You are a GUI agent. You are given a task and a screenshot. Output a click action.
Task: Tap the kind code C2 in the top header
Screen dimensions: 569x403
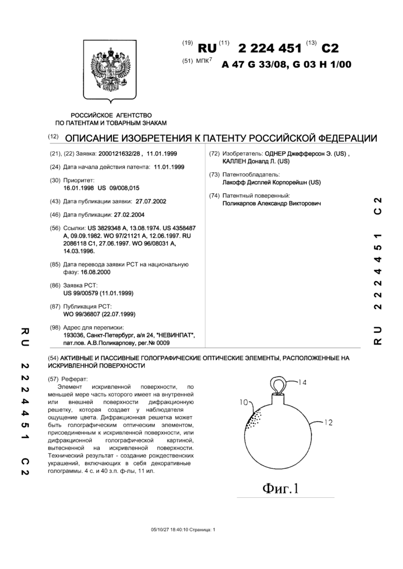(x=327, y=47)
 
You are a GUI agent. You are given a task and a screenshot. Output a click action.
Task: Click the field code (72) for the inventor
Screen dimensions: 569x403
(x=213, y=154)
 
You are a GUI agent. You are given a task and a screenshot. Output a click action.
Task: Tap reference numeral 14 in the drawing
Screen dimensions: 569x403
(x=302, y=382)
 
